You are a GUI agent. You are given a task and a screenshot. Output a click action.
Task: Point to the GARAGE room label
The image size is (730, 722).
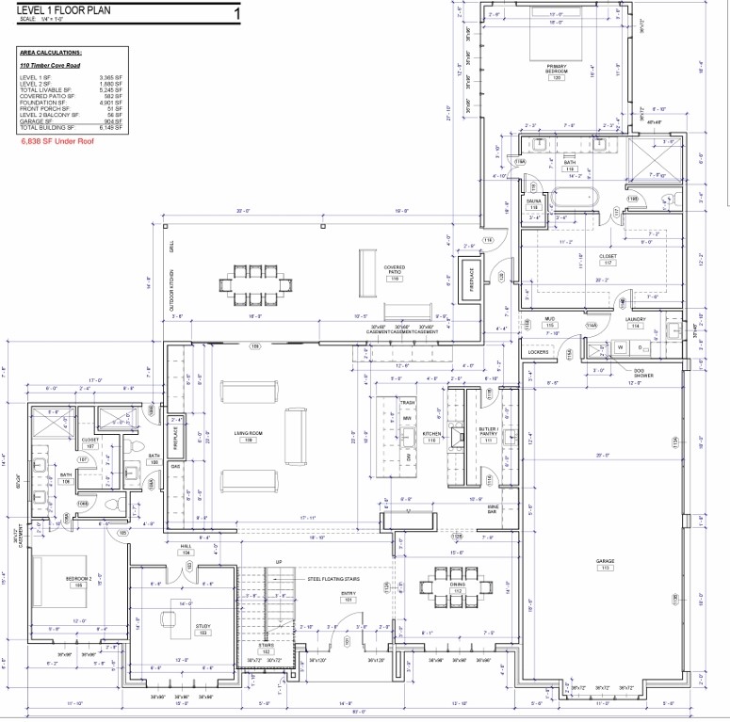click(604, 562)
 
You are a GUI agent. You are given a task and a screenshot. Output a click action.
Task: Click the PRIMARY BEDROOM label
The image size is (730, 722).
click(556, 68)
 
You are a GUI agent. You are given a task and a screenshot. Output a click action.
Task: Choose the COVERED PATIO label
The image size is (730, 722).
click(394, 269)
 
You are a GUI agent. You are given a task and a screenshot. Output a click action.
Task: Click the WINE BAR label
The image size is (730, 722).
click(493, 508)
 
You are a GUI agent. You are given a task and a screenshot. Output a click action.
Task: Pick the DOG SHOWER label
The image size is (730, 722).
click(643, 373)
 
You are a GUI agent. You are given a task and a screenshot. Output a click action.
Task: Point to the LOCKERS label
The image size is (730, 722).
click(538, 352)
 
